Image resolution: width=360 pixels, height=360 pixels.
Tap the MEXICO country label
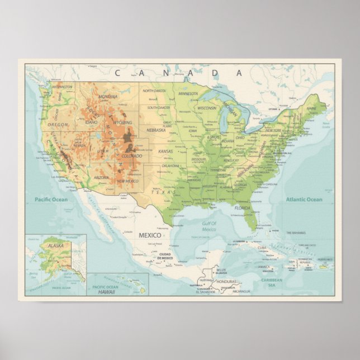pos(150,235)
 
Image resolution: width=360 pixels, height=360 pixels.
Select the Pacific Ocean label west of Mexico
pos(50,200)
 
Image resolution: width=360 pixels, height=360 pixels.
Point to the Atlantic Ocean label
pos(304,200)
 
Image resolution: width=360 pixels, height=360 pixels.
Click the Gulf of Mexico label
pos(209,226)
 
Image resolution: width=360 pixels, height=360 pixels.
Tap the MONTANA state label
pos(107,96)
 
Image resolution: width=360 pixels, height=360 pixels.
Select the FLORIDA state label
pos(243,208)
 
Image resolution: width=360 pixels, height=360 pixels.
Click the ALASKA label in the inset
pos(55,245)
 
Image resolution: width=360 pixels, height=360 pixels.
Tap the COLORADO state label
pos(132,156)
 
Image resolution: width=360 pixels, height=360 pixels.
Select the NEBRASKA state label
pos(156,130)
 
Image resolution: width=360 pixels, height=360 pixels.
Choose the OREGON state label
pos(58,125)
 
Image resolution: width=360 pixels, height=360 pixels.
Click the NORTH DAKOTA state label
pos(154,91)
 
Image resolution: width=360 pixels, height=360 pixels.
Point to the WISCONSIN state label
pos(206,108)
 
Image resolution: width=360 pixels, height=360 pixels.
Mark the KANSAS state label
pos(165,151)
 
